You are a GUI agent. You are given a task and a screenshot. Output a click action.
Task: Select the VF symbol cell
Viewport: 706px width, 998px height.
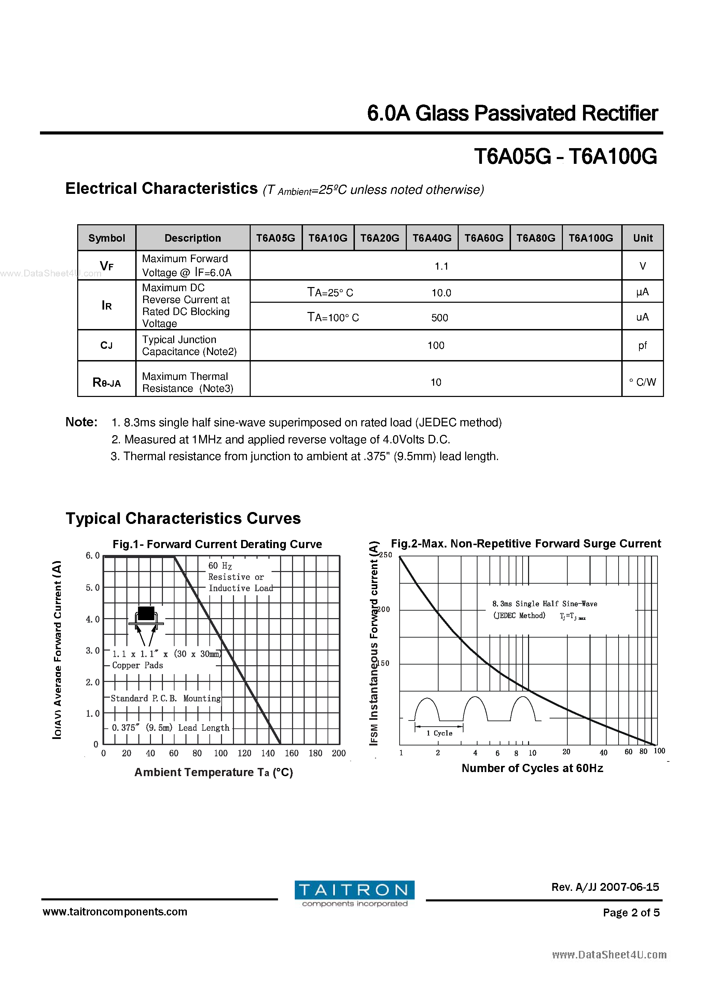coord(107,266)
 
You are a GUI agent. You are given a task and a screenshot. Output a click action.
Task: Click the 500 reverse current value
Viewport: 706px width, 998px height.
coord(439,318)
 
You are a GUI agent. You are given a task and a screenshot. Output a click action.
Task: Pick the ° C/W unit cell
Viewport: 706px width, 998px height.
coord(642,382)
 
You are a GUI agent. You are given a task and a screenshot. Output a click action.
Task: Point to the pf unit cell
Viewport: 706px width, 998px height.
coord(642,345)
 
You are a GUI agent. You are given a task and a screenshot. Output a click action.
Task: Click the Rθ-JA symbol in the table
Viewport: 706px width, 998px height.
coord(107,383)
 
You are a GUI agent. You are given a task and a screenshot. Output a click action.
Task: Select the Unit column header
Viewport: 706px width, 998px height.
coord(642,238)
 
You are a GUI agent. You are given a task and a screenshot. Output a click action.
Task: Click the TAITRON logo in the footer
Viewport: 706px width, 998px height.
coord(354,893)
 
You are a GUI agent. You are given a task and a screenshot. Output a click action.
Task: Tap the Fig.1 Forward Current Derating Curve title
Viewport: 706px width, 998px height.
coord(217,544)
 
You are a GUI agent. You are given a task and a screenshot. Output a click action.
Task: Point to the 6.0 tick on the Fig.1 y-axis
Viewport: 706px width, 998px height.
coord(93,556)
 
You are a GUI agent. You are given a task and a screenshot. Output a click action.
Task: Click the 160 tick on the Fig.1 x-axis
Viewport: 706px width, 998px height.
coord(291,753)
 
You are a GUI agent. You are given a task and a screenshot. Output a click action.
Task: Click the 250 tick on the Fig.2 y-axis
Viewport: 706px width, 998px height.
coord(385,555)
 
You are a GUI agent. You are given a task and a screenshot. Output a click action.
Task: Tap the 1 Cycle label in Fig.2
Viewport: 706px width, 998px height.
coord(439,733)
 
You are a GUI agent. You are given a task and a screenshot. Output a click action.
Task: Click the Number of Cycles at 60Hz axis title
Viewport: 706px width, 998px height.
coord(532,768)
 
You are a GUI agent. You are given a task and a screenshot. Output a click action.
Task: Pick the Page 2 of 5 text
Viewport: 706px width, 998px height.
coord(631,913)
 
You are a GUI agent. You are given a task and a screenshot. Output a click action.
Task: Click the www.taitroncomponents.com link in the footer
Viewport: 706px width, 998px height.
coord(115,912)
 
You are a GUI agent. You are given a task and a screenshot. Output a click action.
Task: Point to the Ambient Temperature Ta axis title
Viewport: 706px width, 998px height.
coord(213,772)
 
